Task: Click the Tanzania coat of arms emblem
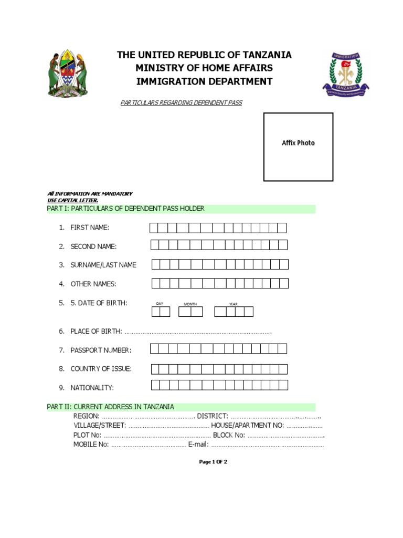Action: (68, 74)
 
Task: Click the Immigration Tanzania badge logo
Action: (345, 74)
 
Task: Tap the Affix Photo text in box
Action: (298, 143)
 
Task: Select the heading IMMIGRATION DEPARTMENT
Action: (204, 81)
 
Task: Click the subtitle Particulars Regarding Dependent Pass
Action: (181, 103)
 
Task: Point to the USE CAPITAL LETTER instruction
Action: (72, 200)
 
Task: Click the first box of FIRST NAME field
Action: (154, 227)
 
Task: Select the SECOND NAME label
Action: (93, 246)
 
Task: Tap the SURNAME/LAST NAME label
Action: (103, 265)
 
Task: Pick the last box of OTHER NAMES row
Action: (283, 284)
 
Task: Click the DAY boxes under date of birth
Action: (161, 312)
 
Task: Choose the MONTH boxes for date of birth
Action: (190, 312)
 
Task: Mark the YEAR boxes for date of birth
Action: (234, 312)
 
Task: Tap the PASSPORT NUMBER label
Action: (101, 350)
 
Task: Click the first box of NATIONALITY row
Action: (155, 385)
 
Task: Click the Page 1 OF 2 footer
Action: (213, 462)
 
